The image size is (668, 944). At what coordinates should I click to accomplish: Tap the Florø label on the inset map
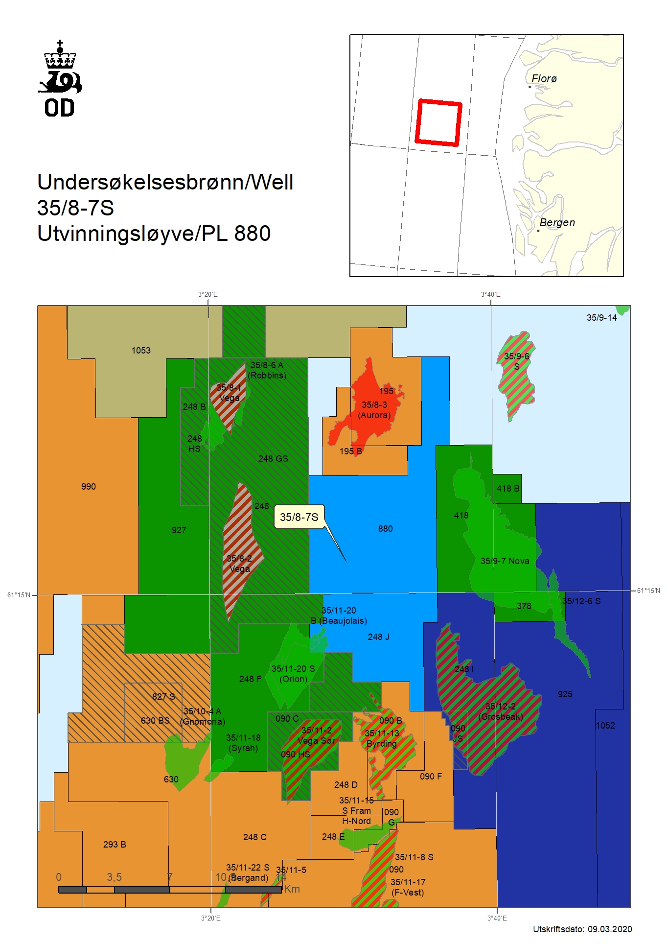(544, 78)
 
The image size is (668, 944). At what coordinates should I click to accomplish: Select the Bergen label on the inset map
(557, 222)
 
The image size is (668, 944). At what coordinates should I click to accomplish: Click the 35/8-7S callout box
(299, 517)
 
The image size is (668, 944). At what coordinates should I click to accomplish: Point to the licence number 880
(385, 529)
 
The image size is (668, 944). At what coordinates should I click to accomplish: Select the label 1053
(141, 351)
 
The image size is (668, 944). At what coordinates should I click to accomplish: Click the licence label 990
(89, 487)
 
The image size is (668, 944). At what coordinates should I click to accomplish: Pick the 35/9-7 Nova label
(505, 561)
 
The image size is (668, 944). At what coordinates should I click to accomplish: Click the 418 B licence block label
(507, 489)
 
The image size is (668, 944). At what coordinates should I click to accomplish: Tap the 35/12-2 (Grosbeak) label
(501, 711)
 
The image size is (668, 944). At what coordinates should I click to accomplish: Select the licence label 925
(565, 694)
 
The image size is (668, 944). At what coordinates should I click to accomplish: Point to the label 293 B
(115, 845)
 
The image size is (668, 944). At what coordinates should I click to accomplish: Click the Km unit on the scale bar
(292, 889)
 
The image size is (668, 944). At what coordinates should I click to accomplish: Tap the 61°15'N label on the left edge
(19, 595)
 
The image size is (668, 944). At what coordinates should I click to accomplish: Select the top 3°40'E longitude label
(490, 294)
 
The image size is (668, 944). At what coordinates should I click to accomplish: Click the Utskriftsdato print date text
(582, 929)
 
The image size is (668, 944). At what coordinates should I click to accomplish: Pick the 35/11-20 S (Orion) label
(293, 674)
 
